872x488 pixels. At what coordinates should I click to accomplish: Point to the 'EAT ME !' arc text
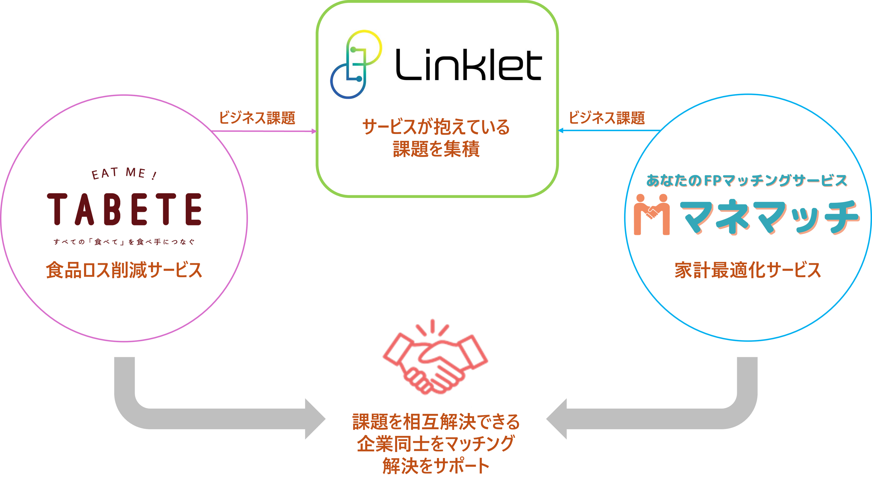(x=124, y=173)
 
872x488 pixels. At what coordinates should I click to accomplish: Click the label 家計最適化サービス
(x=748, y=270)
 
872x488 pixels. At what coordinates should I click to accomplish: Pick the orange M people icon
(x=652, y=214)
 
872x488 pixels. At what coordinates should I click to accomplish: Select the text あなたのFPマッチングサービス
(x=747, y=180)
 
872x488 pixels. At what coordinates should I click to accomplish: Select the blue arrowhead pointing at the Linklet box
(x=561, y=130)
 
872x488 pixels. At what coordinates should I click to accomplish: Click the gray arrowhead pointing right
(x=315, y=419)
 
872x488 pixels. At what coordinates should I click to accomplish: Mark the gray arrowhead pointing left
(x=557, y=419)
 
